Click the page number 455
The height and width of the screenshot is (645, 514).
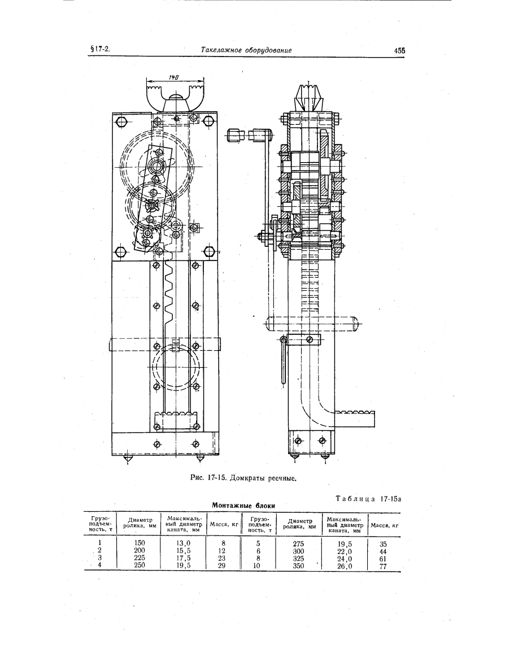399,51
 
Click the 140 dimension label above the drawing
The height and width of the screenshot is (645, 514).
173,77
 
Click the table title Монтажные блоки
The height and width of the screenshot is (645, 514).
243,505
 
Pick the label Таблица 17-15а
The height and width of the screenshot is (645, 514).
368,499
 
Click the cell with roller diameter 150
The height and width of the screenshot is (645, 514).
140,543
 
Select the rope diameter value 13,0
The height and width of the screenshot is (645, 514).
183,543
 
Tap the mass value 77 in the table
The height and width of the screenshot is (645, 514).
383,566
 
